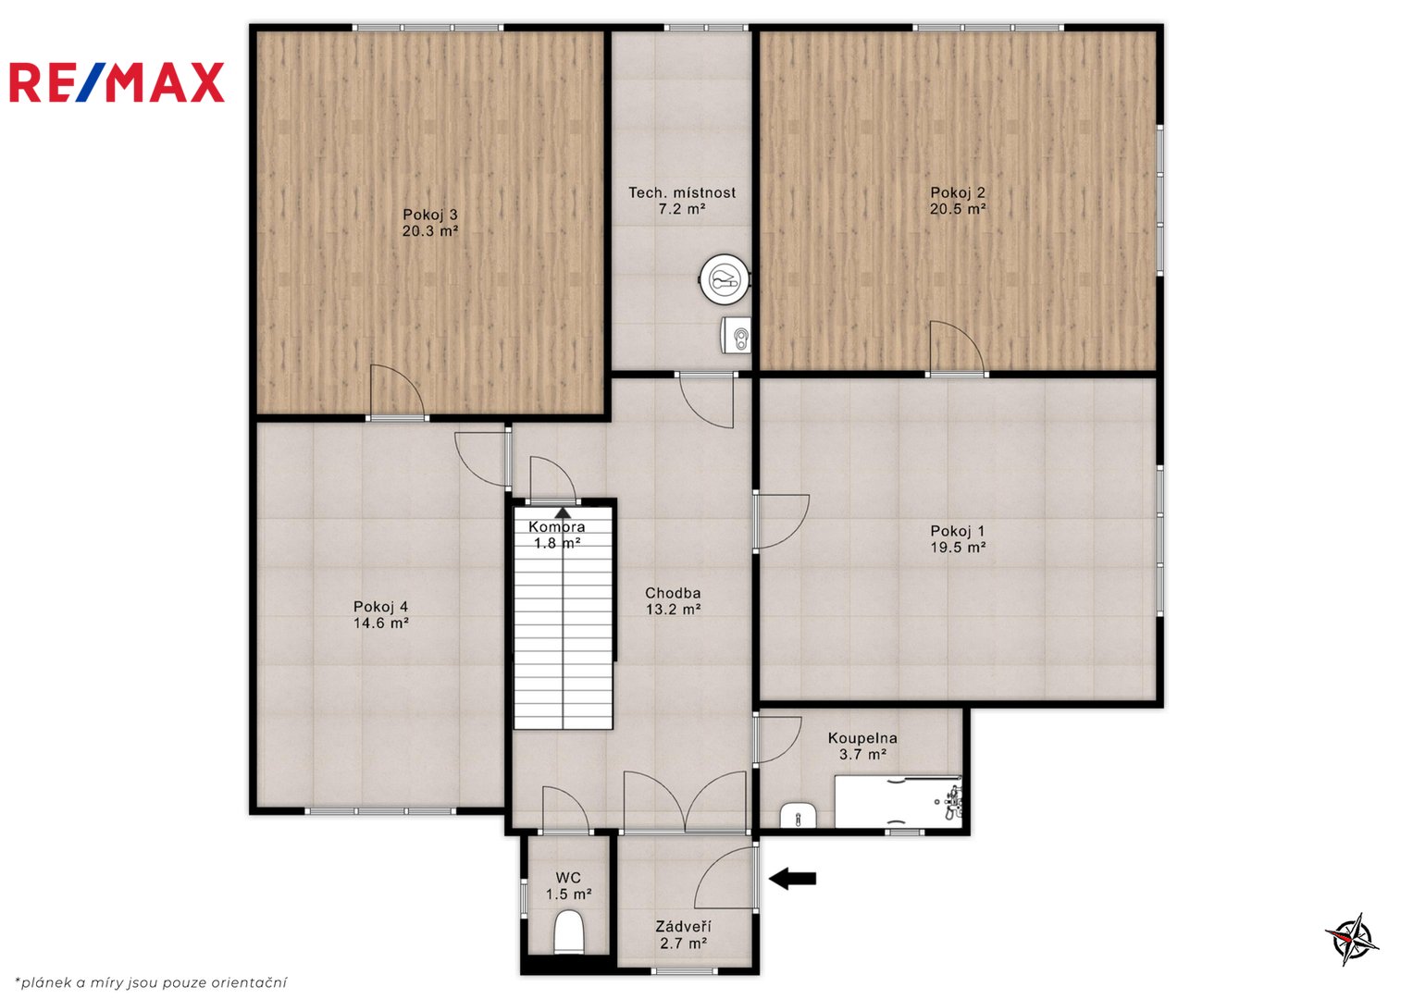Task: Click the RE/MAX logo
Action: tap(117, 82)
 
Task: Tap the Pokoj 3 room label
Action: tap(430, 215)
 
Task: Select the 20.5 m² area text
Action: tap(958, 209)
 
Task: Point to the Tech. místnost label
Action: tap(682, 192)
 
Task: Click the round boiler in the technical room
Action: tap(725, 278)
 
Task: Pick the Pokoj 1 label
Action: tap(958, 531)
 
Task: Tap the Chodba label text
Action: tap(673, 593)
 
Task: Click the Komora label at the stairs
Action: tap(557, 526)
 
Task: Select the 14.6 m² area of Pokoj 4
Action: tap(381, 623)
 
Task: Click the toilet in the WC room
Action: tap(570, 931)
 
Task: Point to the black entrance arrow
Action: tap(792, 878)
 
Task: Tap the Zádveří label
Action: tap(683, 927)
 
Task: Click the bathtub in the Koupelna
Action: tap(899, 802)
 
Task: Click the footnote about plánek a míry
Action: tap(151, 982)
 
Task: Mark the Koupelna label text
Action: tap(862, 737)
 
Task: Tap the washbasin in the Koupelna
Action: tap(798, 816)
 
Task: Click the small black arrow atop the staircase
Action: tap(563, 512)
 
